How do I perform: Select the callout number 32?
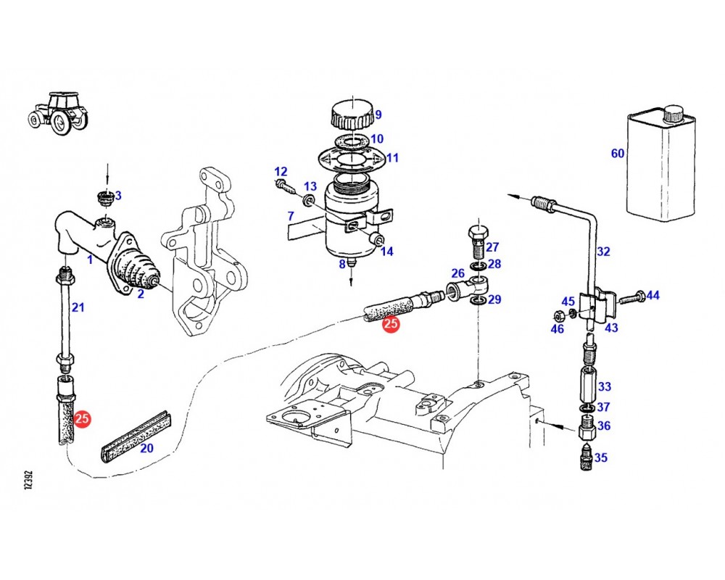tap(603, 252)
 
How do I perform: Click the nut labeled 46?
tap(560, 315)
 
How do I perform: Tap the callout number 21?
tap(78, 307)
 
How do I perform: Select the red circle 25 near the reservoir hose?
tap(391, 325)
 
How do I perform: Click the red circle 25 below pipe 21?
tap(83, 418)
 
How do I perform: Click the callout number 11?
tap(392, 158)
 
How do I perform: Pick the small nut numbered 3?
tap(104, 196)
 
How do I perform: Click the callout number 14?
tap(386, 252)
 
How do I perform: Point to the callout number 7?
tap(290, 216)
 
